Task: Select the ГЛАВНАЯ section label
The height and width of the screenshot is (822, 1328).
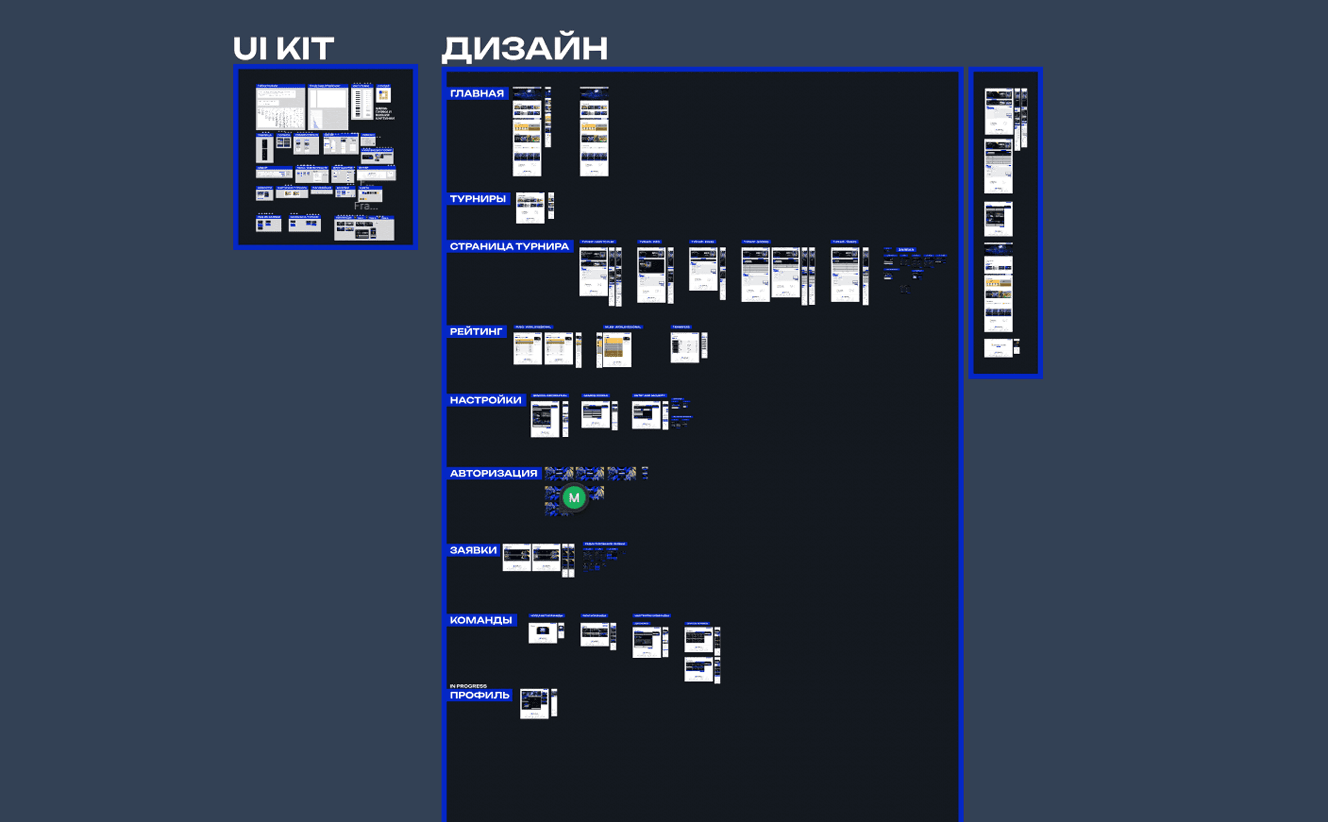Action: coord(477,93)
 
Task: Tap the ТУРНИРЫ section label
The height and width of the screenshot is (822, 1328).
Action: coord(478,199)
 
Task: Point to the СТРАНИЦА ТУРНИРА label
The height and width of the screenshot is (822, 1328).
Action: coord(509,247)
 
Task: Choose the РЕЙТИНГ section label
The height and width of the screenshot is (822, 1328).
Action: coord(476,332)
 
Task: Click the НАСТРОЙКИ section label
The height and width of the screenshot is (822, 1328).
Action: coord(485,400)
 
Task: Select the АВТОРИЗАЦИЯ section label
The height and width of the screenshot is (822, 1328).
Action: coord(493,474)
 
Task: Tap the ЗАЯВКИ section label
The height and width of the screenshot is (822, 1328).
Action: coord(473,550)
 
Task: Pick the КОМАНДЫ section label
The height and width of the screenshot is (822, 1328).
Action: coord(480,620)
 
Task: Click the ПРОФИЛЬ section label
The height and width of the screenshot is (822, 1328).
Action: coord(479,695)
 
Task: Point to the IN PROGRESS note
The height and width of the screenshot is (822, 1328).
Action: coord(468,686)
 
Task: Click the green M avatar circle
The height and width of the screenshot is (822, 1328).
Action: coord(574,497)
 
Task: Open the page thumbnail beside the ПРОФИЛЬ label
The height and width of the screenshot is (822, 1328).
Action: coord(534,703)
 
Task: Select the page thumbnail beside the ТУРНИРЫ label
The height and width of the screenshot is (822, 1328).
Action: coord(530,208)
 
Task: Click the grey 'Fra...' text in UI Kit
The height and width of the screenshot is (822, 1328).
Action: coord(366,206)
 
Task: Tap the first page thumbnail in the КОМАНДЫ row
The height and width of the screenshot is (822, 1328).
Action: coord(542,632)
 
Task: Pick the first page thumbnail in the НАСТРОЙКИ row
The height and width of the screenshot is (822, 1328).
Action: coord(544,419)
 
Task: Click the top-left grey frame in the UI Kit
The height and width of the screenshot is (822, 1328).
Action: coord(280,107)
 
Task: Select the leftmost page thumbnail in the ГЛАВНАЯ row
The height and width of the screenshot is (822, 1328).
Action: coord(527,132)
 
